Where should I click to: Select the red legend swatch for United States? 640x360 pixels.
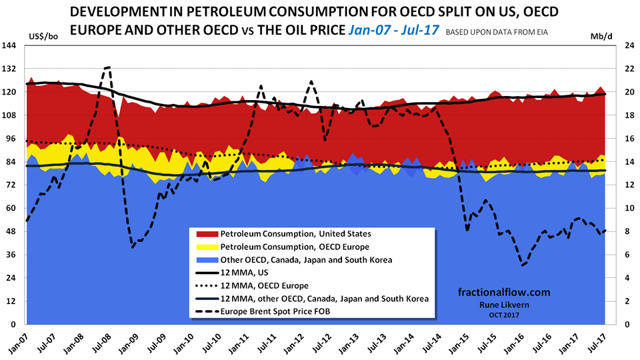click(204, 234)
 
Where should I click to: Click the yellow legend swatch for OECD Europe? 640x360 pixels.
click(204, 247)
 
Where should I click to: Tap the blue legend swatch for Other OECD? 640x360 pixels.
click(204, 259)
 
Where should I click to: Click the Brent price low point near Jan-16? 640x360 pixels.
click(523, 265)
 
